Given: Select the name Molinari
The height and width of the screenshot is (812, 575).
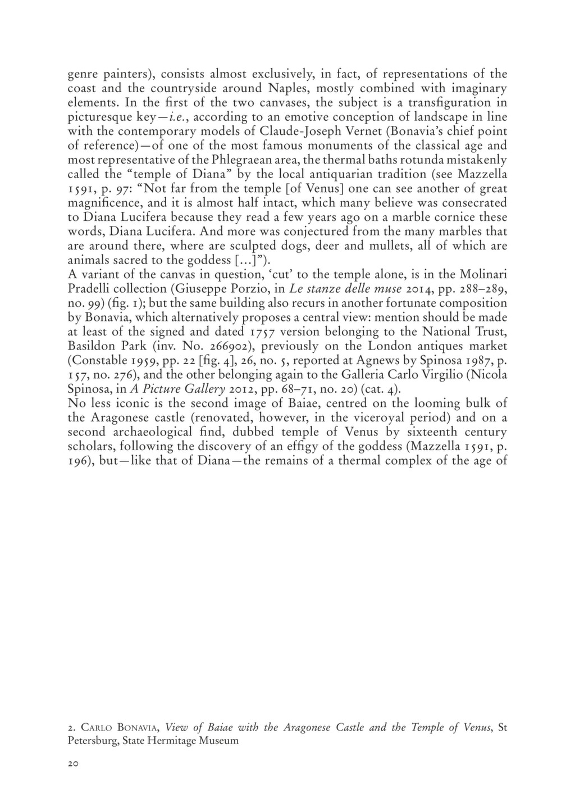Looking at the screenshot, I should (484, 274).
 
